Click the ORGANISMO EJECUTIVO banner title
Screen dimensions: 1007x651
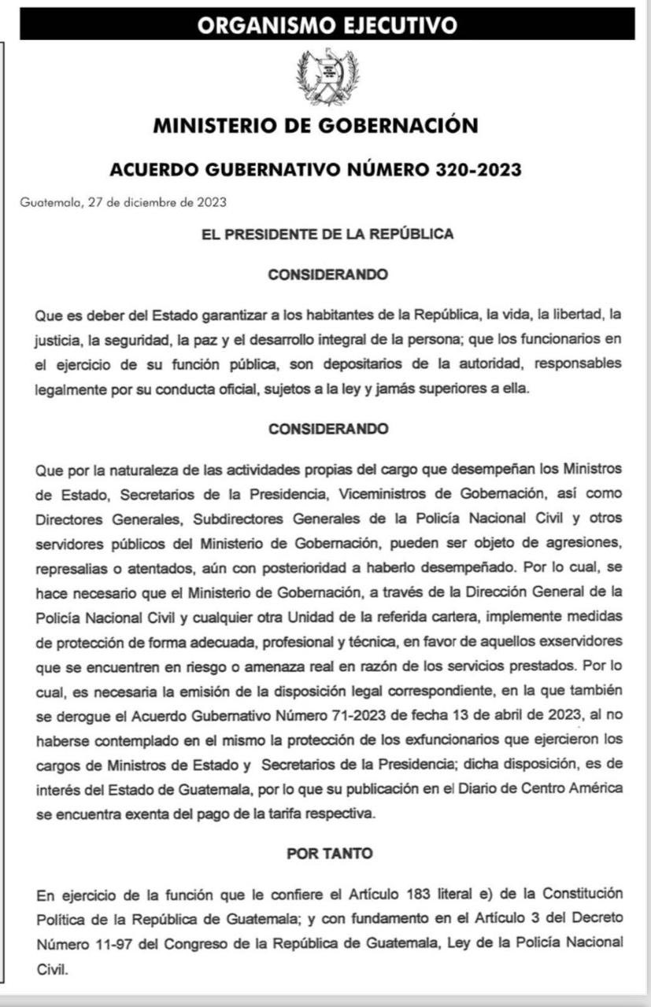coord(327,25)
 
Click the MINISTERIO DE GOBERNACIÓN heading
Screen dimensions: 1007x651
coord(315,126)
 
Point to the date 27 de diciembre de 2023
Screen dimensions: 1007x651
coord(157,202)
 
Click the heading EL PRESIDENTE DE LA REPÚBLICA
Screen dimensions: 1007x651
coord(327,234)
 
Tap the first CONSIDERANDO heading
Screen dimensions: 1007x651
coord(327,275)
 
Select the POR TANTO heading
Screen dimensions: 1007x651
coord(329,854)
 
